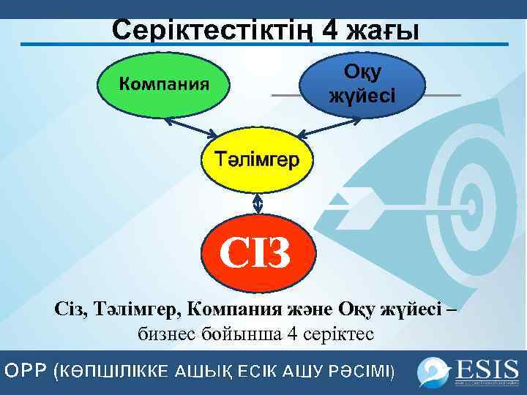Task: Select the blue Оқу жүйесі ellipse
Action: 362,83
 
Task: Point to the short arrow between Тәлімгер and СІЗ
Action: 256,200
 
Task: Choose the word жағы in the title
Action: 384,31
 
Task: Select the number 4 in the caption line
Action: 292,334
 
